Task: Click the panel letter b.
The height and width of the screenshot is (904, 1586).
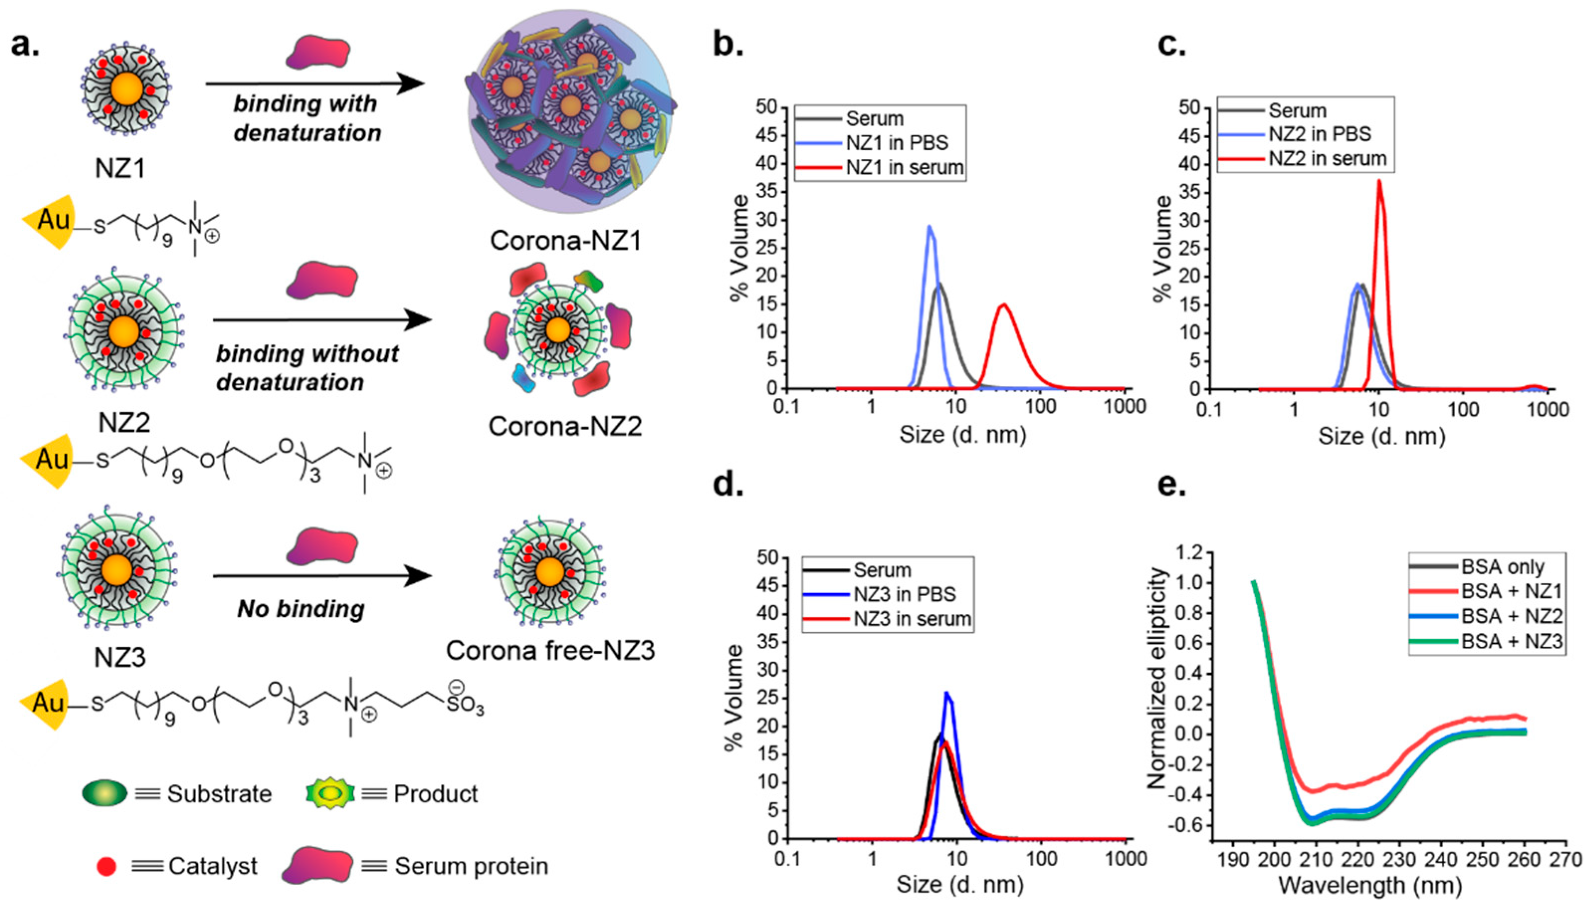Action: tap(728, 45)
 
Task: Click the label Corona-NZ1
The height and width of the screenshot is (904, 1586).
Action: tap(565, 241)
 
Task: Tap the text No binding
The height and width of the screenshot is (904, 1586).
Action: tap(300, 609)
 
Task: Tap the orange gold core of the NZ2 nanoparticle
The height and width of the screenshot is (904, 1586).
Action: tap(123, 332)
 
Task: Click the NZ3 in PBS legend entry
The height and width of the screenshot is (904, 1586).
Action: tap(904, 594)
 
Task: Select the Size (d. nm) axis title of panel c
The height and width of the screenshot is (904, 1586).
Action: tap(1381, 437)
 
